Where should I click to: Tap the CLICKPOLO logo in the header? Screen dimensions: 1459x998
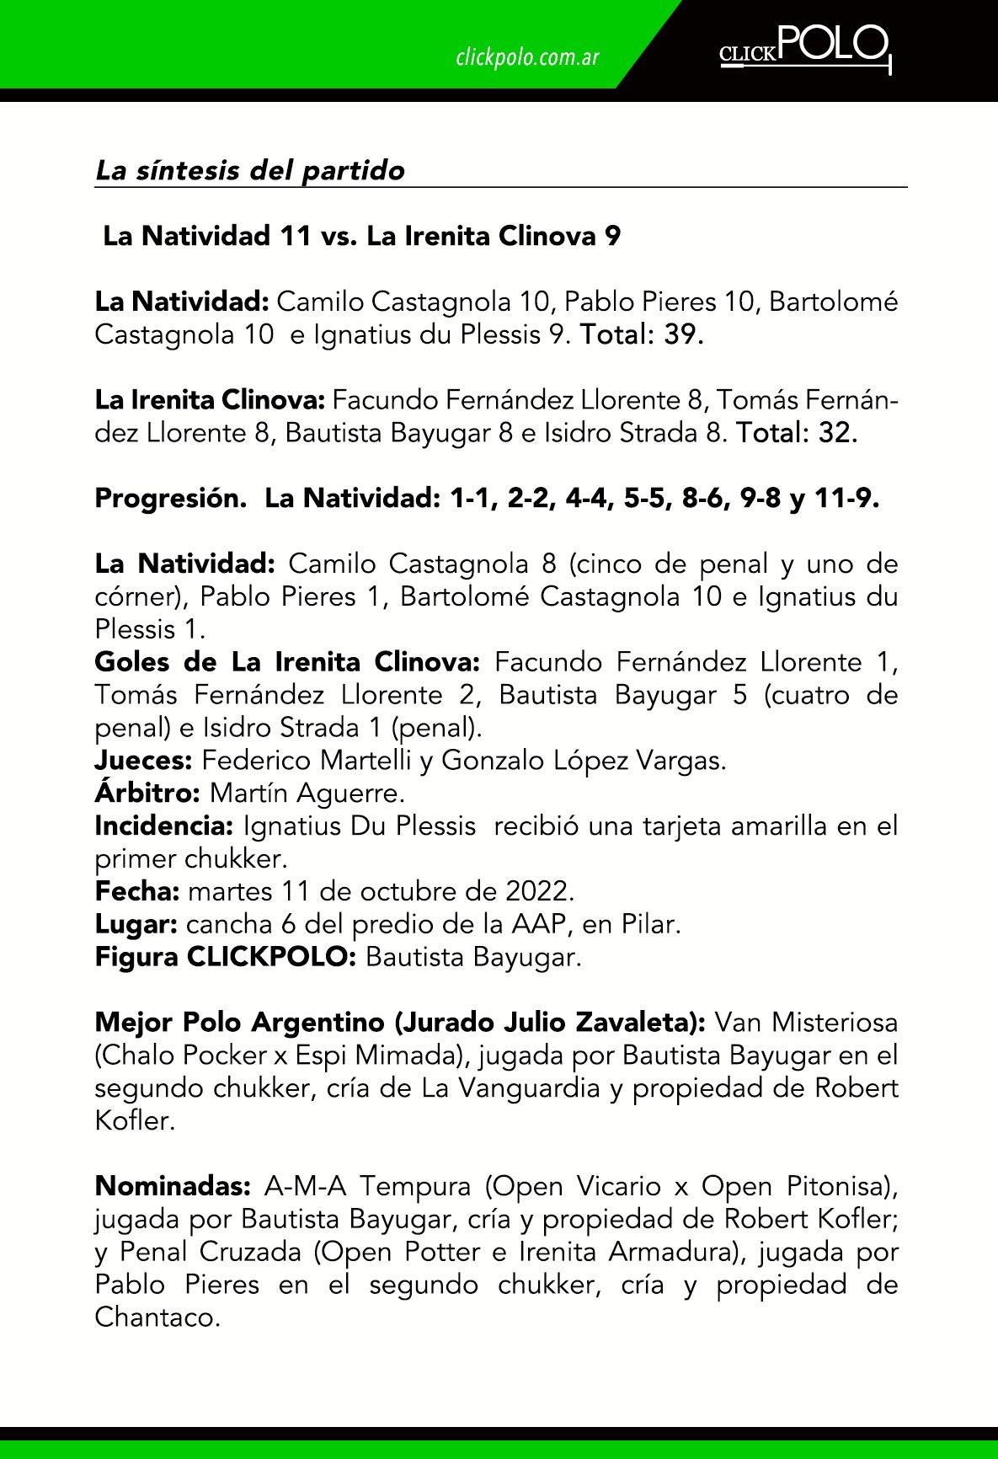tap(804, 48)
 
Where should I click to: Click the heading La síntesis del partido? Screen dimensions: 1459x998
tap(250, 170)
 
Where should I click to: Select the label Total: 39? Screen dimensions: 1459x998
tap(641, 334)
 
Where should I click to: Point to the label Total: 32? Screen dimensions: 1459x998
tap(797, 433)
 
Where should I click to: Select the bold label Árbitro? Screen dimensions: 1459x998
tap(147, 794)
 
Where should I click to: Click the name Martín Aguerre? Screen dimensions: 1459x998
tap(307, 794)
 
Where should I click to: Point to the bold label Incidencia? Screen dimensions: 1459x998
tap(163, 826)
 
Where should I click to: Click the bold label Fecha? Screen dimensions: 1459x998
tap(137, 891)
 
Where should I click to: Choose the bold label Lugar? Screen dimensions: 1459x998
tap(136, 924)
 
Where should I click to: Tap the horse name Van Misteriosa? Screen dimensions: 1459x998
tap(806, 1023)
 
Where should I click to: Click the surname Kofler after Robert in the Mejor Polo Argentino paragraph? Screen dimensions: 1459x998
tap(135, 1122)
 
